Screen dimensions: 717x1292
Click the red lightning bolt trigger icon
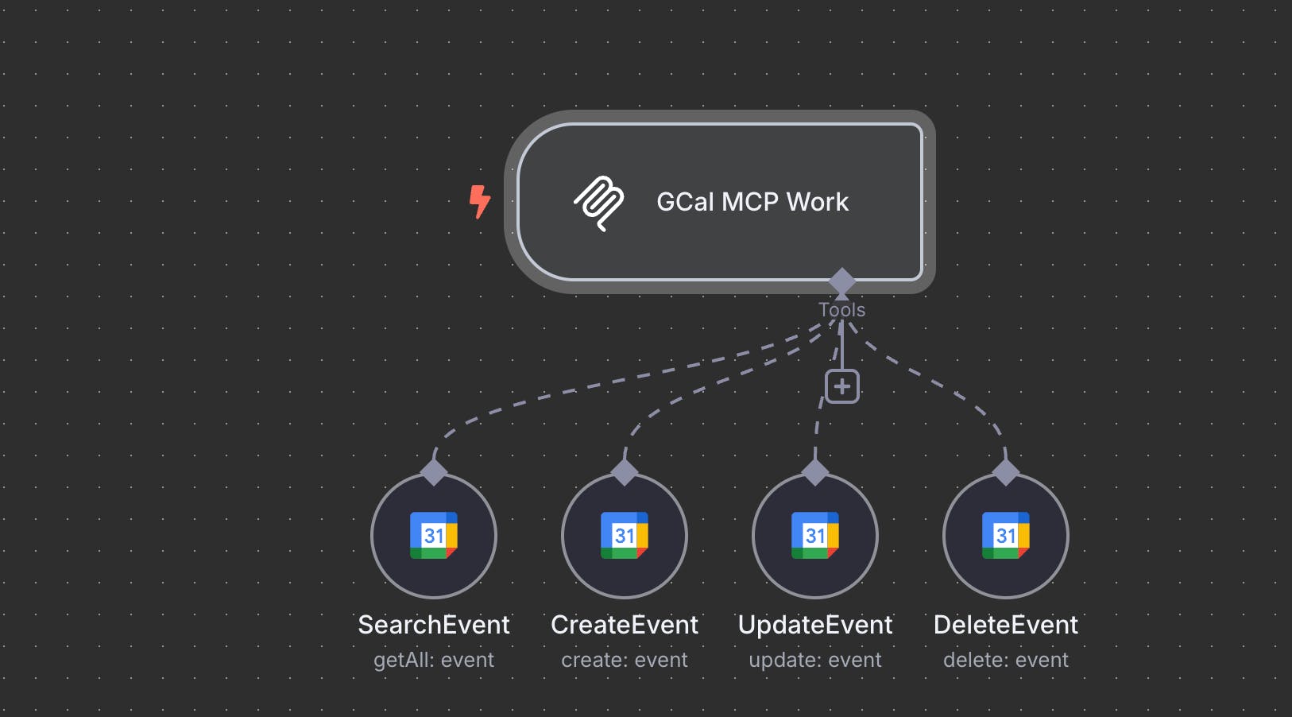[479, 201]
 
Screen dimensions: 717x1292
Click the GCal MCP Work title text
[752, 202]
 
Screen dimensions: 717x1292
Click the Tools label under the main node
[841, 310]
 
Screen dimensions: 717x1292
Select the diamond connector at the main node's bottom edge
[841, 281]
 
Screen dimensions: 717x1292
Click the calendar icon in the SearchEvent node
[434, 536]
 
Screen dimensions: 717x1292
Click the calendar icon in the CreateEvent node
[625, 536]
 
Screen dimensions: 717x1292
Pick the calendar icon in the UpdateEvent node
[815, 536]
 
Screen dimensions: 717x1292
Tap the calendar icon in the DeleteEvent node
[1006, 536]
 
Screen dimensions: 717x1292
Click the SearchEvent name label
[434, 625]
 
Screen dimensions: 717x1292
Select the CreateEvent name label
[625, 625]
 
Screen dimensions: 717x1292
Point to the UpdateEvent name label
[815, 625]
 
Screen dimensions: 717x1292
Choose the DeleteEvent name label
[1006, 625]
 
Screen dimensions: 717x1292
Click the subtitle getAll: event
[434, 660]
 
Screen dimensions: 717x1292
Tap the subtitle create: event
[625, 660]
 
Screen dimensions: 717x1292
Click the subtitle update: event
[815, 660]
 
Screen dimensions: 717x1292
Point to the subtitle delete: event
[1006, 660]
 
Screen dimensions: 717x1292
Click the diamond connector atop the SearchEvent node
[434, 472]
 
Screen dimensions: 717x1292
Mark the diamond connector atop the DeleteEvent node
[1006, 472]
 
